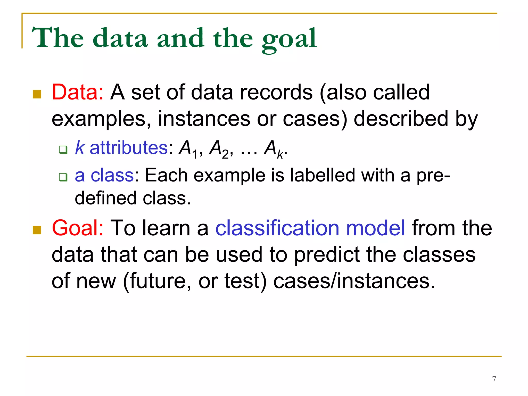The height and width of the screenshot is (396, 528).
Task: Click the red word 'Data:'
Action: coord(78,92)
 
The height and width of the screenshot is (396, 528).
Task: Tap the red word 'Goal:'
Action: coord(78,228)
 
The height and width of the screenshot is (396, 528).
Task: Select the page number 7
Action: coord(494,379)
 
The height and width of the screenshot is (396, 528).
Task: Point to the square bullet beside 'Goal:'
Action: coord(37,230)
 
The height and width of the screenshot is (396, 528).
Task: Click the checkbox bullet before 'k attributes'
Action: coord(63,150)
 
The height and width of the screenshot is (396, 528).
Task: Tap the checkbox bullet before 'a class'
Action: coord(63,177)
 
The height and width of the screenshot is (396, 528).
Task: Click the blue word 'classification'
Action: coord(277,228)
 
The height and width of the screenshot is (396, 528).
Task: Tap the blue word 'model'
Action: coord(375,228)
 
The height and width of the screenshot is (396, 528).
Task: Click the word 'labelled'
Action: coord(323,175)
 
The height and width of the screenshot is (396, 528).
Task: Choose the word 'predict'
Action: coord(327,255)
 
